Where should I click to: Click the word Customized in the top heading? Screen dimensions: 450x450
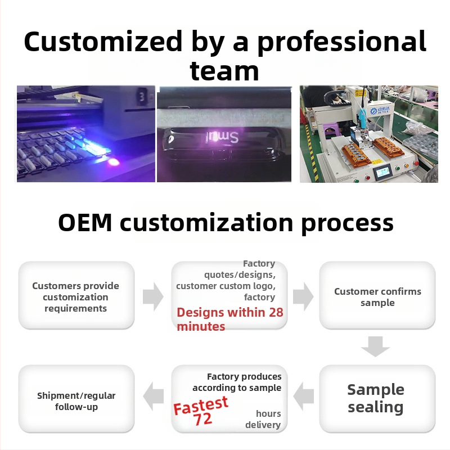103,43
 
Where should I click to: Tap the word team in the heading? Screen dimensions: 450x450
224,71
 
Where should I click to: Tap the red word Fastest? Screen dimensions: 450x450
201,405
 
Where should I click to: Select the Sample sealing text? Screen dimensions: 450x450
375,398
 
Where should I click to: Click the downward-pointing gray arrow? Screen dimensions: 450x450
375,346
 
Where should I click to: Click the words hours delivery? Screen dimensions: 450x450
264,419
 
